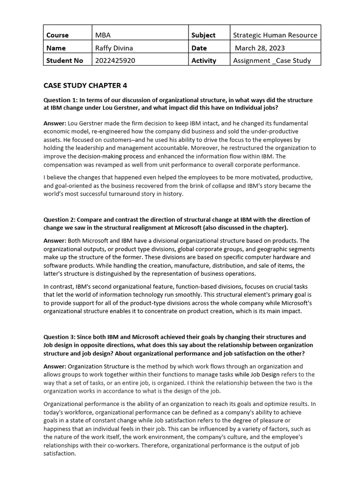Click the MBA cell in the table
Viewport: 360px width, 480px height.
tap(103, 35)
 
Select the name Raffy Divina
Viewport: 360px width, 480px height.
tap(115, 48)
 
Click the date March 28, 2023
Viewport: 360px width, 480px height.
tap(260, 48)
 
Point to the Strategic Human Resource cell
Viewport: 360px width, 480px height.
tap(275, 35)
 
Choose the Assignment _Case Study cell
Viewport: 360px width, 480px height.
tap(272, 60)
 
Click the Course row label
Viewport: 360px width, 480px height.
tap(57, 35)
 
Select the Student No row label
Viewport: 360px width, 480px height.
tap(65, 60)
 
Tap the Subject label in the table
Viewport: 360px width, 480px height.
tap(203, 35)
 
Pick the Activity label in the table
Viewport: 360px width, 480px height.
tap(204, 60)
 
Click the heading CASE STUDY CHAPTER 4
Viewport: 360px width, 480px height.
tap(85, 85)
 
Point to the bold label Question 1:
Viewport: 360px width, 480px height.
tap(60, 100)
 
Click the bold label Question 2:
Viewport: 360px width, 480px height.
tap(60, 219)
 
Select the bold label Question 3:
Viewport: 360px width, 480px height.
tap(60, 337)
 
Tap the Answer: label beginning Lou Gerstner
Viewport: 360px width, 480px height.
tap(55, 123)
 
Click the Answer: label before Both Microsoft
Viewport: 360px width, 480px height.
tap(55, 241)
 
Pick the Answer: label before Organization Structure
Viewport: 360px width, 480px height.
tap(55, 366)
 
